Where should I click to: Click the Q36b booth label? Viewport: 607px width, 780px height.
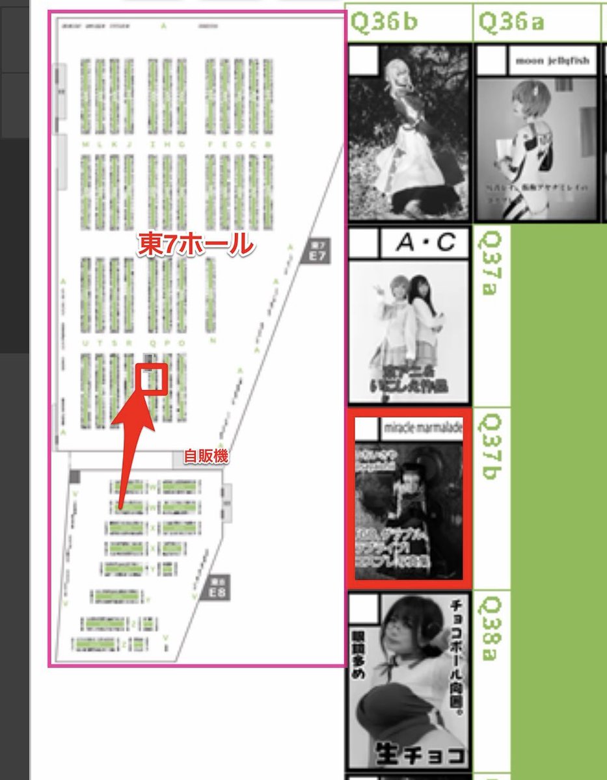pyautogui.click(x=384, y=22)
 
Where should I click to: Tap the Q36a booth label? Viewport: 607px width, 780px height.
pyautogui.click(x=511, y=22)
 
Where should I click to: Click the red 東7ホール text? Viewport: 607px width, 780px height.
pyautogui.click(x=194, y=244)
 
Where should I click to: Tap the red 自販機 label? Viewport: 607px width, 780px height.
pyautogui.click(x=206, y=457)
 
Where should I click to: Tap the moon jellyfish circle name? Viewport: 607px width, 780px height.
pyautogui.click(x=552, y=61)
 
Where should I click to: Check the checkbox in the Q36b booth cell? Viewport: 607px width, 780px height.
pyautogui.click(x=363, y=60)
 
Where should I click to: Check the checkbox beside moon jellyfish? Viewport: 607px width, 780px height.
pyautogui.click(x=491, y=61)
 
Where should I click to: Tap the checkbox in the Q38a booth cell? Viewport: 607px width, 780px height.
pyautogui.click(x=364, y=608)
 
